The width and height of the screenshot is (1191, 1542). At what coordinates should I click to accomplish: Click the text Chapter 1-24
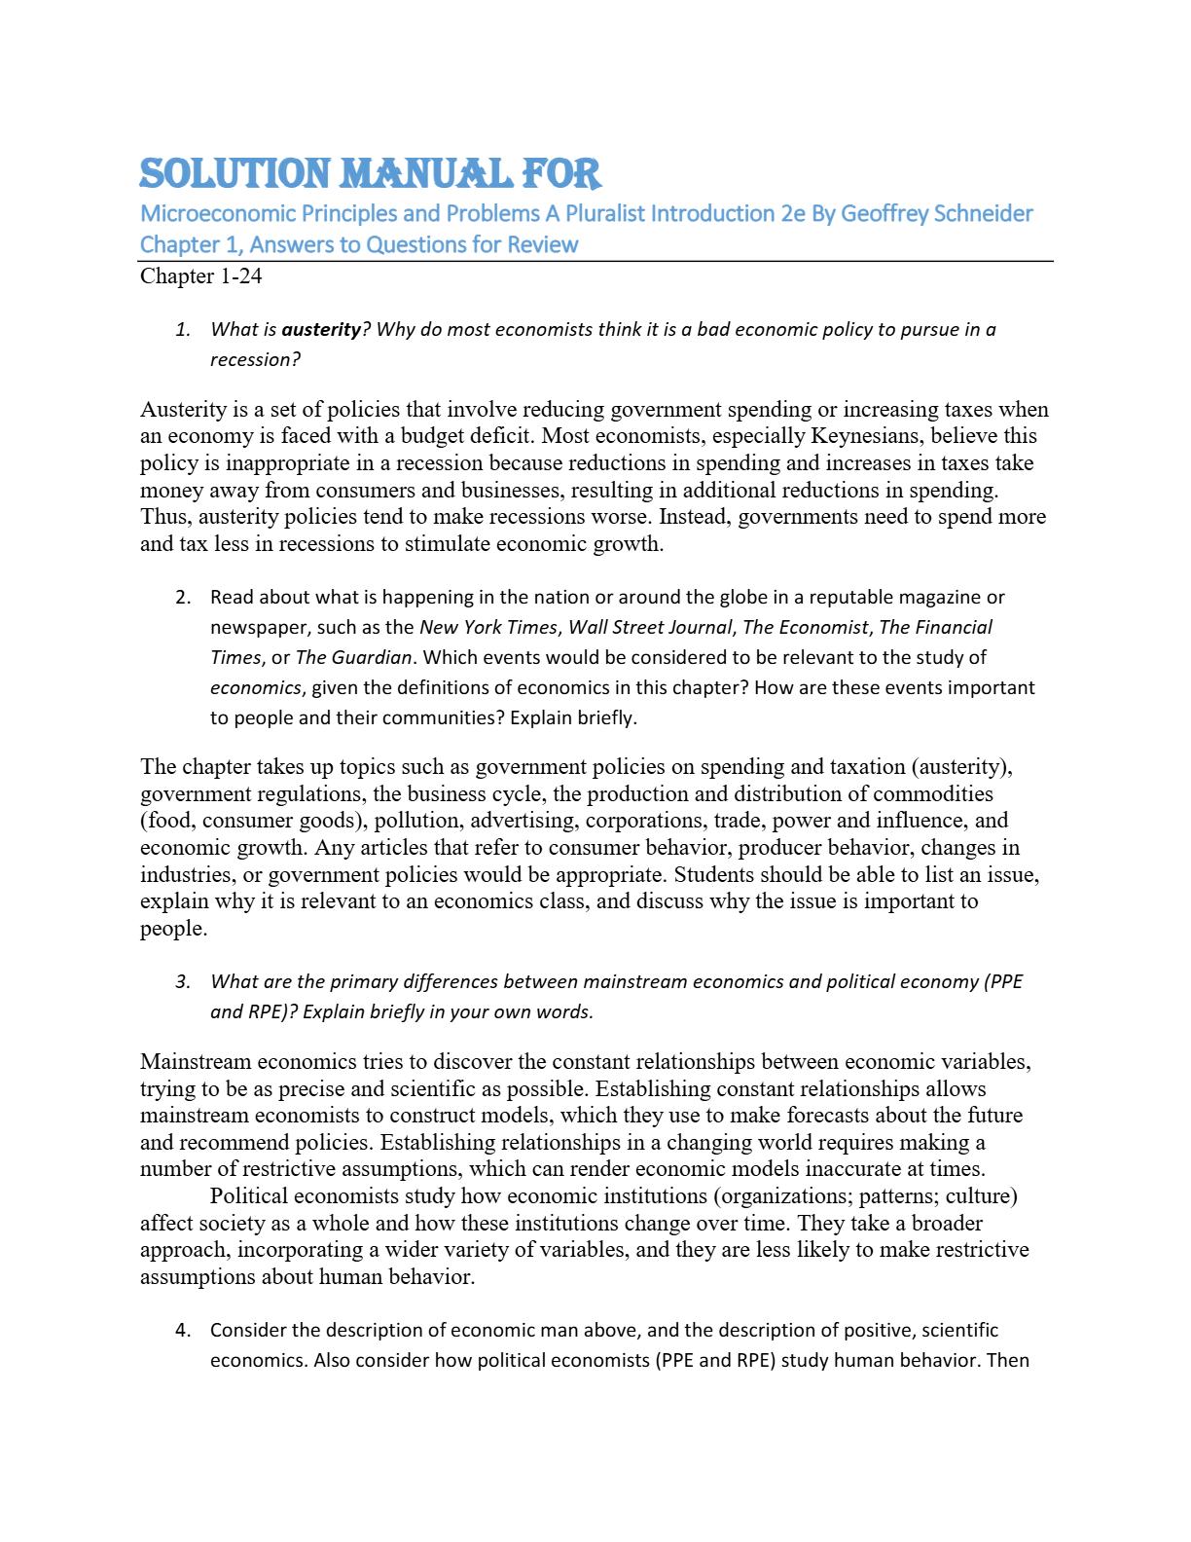pos(200,276)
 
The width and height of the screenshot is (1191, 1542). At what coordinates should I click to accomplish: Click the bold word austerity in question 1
pos(321,329)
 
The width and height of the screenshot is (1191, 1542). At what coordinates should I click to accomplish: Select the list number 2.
pos(183,597)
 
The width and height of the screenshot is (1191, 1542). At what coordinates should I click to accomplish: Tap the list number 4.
pos(183,1330)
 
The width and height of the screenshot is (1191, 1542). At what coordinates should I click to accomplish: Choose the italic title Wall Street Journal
pos(649,627)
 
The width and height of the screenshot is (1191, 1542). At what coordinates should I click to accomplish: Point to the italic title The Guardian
pos(354,657)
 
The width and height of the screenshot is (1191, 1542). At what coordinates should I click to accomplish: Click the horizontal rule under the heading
pos(596,261)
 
